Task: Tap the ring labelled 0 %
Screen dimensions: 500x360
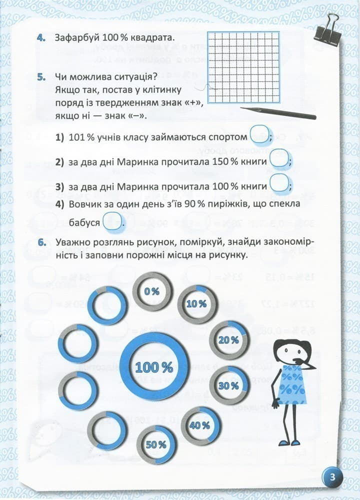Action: tap(152, 291)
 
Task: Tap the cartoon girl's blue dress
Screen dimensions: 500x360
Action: tap(293, 384)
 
